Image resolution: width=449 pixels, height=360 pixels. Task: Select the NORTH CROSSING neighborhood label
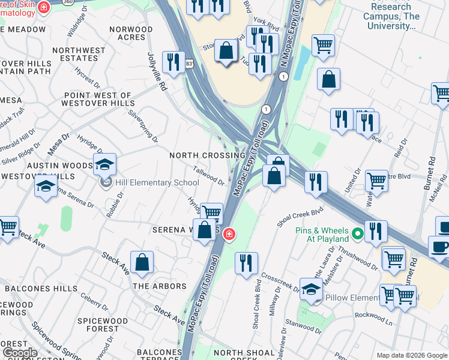pos(207,155)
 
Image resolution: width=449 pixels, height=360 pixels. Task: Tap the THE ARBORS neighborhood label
pos(160,286)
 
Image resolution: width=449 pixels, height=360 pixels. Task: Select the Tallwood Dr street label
pos(209,176)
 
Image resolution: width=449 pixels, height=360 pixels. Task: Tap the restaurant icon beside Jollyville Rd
pos(173,63)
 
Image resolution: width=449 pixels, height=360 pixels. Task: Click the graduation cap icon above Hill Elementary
pos(104,164)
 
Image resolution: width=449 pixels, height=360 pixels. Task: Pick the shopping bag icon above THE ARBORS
pos(142,263)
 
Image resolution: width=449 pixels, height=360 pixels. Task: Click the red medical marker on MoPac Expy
pos(229,234)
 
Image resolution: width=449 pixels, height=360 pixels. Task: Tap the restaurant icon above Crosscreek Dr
pos(247,264)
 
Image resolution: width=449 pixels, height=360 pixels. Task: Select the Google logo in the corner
pos(20,353)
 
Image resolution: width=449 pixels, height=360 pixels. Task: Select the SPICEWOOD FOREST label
pos(103,325)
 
